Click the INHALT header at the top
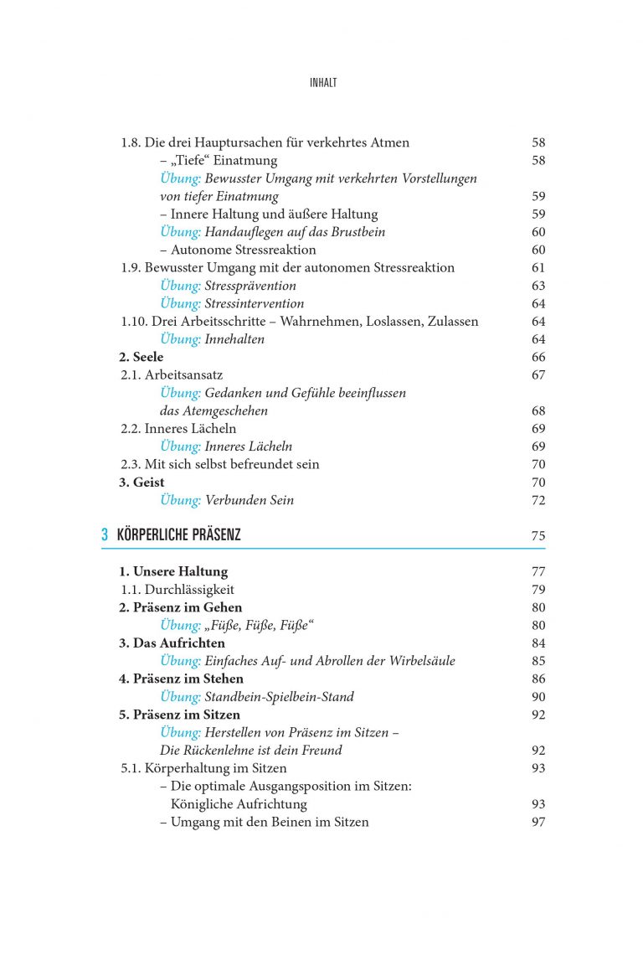[322, 83]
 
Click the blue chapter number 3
[105, 534]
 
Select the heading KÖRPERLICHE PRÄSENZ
[178, 534]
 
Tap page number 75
[538, 535]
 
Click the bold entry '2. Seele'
[141, 357]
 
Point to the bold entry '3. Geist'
[141, 482]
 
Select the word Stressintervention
[255, 303]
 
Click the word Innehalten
[234, 339]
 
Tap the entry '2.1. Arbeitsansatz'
[172, 374]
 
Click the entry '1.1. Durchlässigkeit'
[177, 589]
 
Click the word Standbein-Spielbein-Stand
[280, 696]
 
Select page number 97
[538, 822]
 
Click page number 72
[538, 500]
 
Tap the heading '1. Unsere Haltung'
[172, 571]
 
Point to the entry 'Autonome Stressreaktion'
[243, 250]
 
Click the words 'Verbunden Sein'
[249, 500]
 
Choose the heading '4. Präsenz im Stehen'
[181, 679]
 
